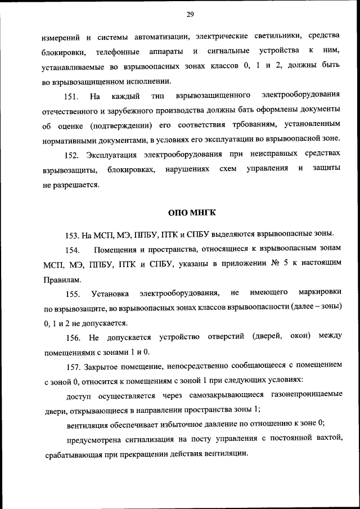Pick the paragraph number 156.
coord(74,337)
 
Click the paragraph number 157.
coord(74,366)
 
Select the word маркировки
coord(318,293)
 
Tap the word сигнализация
coord(161,439)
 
